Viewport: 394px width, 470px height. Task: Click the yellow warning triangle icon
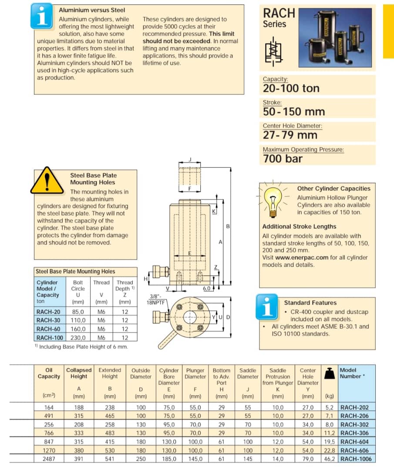click(47, 181)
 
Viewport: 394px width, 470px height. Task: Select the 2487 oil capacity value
click(49, 459)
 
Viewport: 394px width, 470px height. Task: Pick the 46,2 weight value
click(330, 459)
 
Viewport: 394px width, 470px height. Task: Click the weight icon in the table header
click(330, 373)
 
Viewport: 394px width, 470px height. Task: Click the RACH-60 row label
click(49, 329)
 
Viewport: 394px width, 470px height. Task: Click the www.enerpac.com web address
click(294, 257)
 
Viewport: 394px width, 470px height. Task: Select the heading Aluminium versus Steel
click(92, 10)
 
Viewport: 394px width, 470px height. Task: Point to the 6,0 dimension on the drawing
click(207, 289)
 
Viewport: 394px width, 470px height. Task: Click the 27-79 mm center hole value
click(290, 135)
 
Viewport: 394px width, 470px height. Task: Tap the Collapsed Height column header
click(79, 373)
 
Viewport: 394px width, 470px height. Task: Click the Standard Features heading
click(310, 302)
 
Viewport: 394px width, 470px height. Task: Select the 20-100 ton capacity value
click(291, 88)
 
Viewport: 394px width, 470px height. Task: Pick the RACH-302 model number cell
click(354, 425)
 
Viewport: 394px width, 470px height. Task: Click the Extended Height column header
click(110, 373)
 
